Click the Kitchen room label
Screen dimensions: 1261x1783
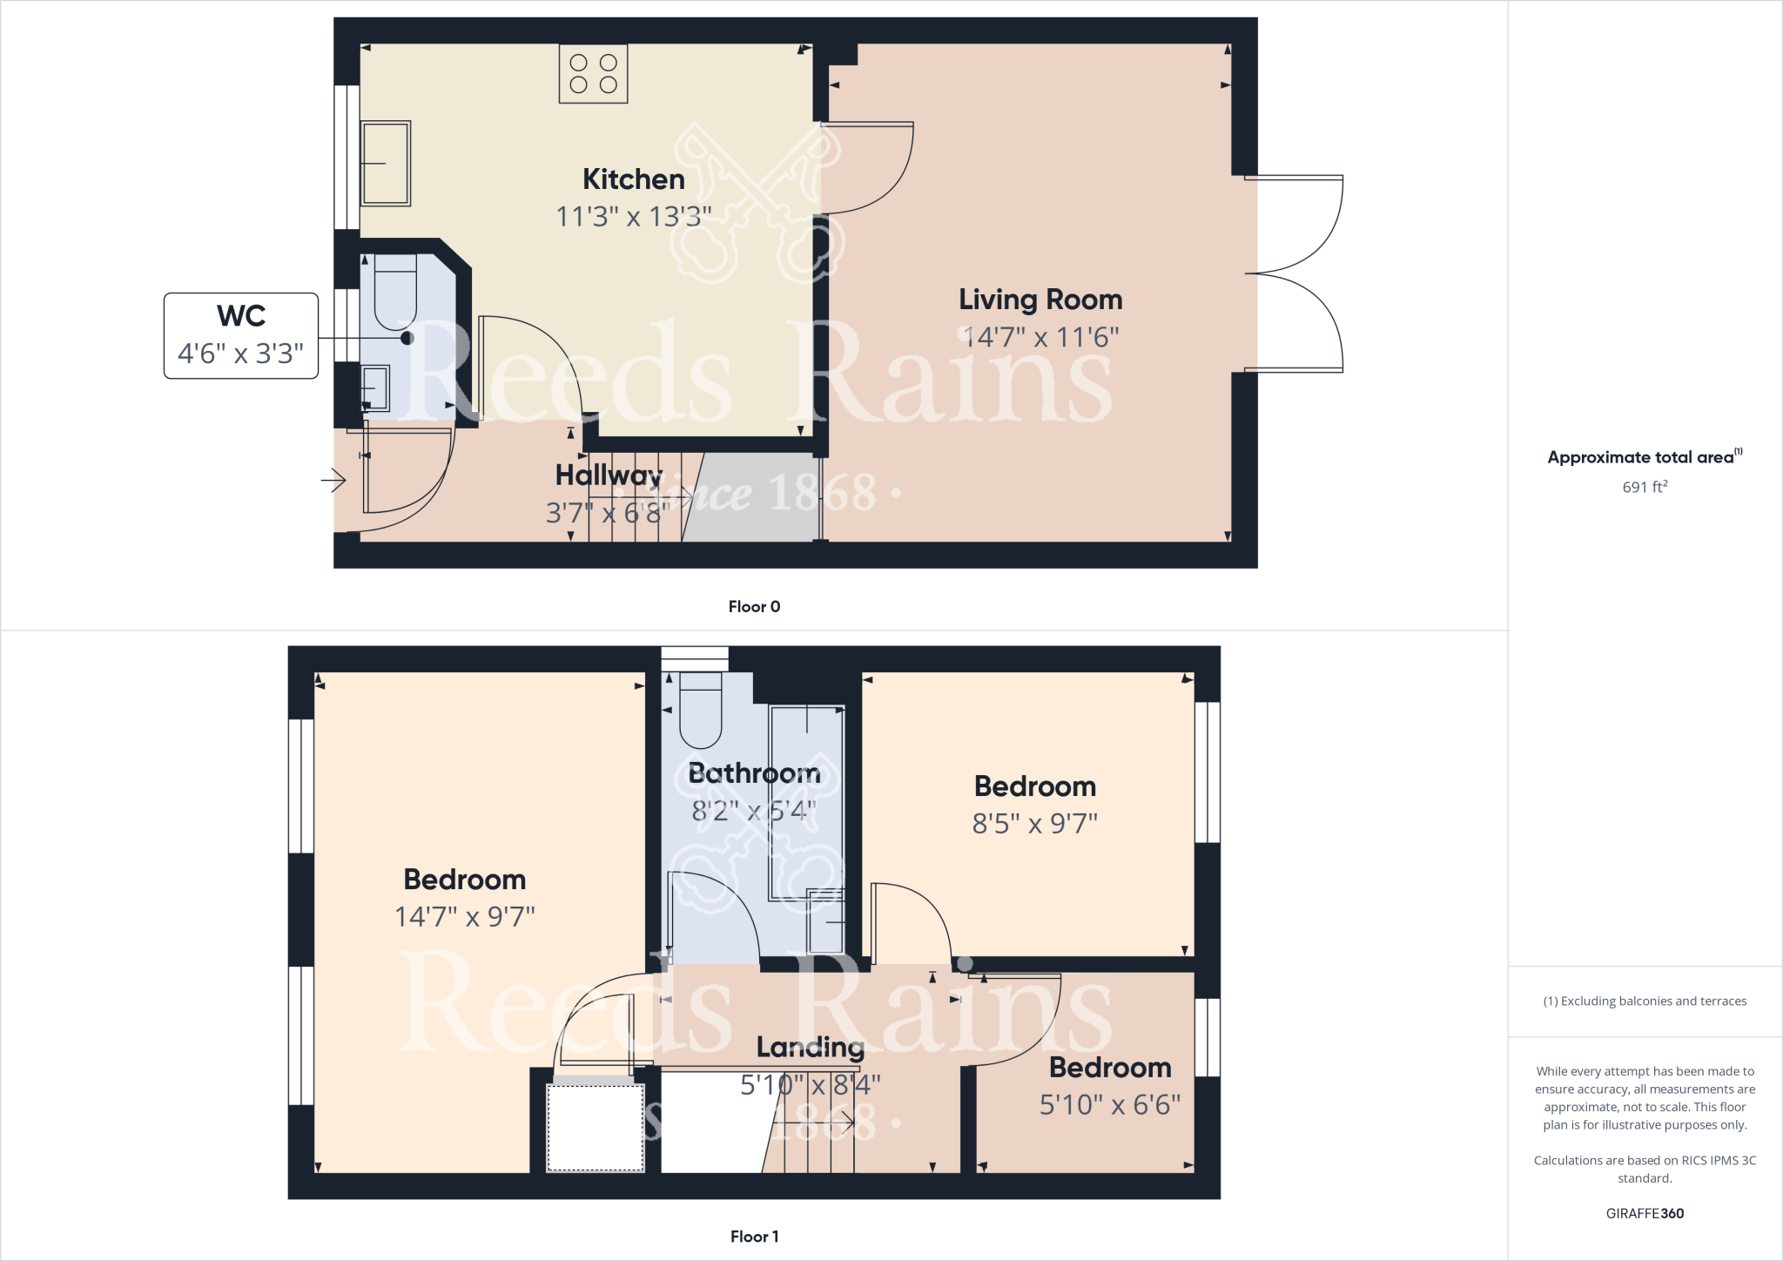coord(633,179)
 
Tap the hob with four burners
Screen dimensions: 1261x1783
coord(593,74)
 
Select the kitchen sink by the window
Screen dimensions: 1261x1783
coord(386,163)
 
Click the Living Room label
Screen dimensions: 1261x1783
coord(1040,300)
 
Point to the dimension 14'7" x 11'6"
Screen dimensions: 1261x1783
coord(1040,337)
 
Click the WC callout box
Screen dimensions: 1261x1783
coord(241,335)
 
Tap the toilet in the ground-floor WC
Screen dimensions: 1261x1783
coord(395,292)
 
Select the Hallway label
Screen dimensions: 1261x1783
coord(609,475)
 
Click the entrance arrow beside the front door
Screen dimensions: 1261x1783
coord(334,480)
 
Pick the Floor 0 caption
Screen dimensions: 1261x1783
coord(754,607)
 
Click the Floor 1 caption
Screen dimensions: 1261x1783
coord(754,1237)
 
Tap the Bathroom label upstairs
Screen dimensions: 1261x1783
coord(754,773)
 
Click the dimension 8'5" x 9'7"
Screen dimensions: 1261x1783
coord(1034,823)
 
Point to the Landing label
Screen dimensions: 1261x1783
coord(810,1047)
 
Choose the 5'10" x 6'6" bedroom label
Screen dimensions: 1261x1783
coord(1110,1068)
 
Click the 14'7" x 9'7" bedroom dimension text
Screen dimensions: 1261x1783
coord(465,917)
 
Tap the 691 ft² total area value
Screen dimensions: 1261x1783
coord(1644,487)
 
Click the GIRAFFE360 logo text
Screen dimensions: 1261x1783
coord(1645,1213)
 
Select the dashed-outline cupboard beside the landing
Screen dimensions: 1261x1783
coord(595,1127)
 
